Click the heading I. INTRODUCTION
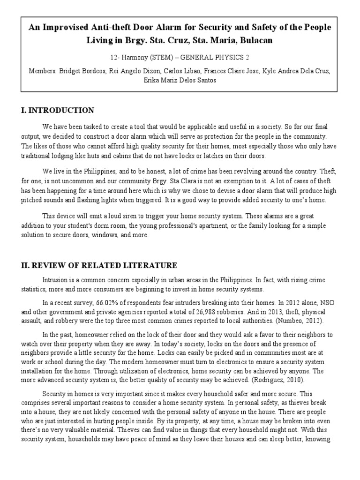(x=58, y=111)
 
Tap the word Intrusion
(x=56, y=280)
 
